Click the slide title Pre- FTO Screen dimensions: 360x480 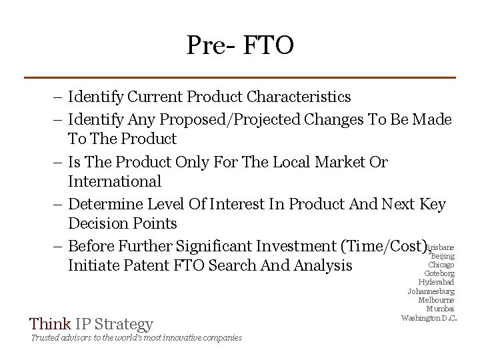coord(240,45)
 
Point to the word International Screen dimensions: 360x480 coord(114,181)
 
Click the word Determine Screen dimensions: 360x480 coord(106,204)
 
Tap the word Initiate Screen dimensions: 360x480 coord(91,265)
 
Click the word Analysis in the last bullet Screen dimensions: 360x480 coord(323,265)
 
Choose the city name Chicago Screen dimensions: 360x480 coord(441,265)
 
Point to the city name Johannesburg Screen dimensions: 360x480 coord(431,291)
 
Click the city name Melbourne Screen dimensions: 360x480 coord(436,300)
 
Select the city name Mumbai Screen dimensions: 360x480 coord(440,309)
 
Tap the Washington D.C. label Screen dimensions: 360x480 coord(429,317)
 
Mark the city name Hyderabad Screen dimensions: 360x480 coord(436,282)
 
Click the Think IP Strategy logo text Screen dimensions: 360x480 coord(91,325)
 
